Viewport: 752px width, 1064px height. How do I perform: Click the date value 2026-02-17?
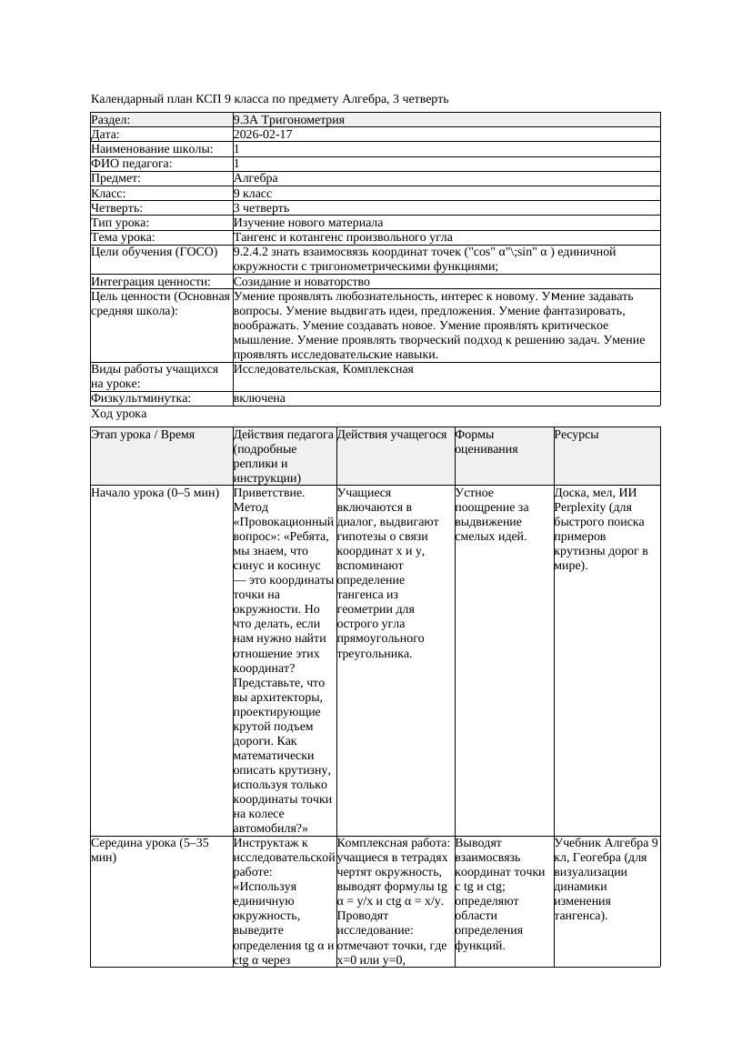263,135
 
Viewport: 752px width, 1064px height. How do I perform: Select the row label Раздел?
111,120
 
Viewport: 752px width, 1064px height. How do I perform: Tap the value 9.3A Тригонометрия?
288,120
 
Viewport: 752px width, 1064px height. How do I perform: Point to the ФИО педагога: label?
132,164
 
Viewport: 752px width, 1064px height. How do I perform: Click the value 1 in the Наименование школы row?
237,149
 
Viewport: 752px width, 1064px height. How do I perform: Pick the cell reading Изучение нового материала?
307,223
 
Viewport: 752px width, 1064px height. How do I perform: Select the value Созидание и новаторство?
301,282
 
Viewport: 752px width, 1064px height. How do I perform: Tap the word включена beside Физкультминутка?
259,398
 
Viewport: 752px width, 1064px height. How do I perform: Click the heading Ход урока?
118,414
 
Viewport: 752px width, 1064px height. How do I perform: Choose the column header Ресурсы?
577,435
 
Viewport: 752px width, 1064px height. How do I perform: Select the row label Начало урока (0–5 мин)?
155,493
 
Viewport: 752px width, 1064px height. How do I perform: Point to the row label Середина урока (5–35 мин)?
150,850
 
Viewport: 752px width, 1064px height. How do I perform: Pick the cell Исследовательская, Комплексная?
323,369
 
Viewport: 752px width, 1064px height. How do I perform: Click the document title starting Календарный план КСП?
270,99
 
